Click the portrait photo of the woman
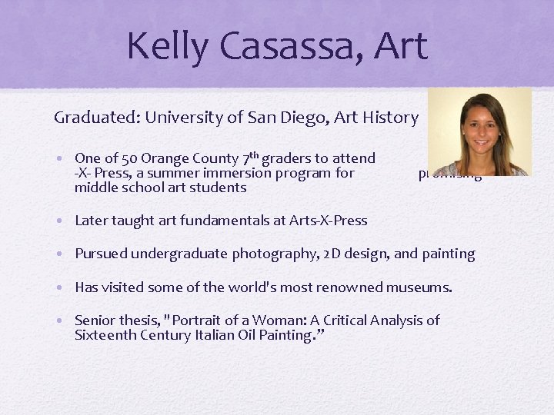[x=479, y=131]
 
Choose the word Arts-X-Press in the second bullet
[x=328, y=221]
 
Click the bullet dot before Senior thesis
[x=61, y=320]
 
